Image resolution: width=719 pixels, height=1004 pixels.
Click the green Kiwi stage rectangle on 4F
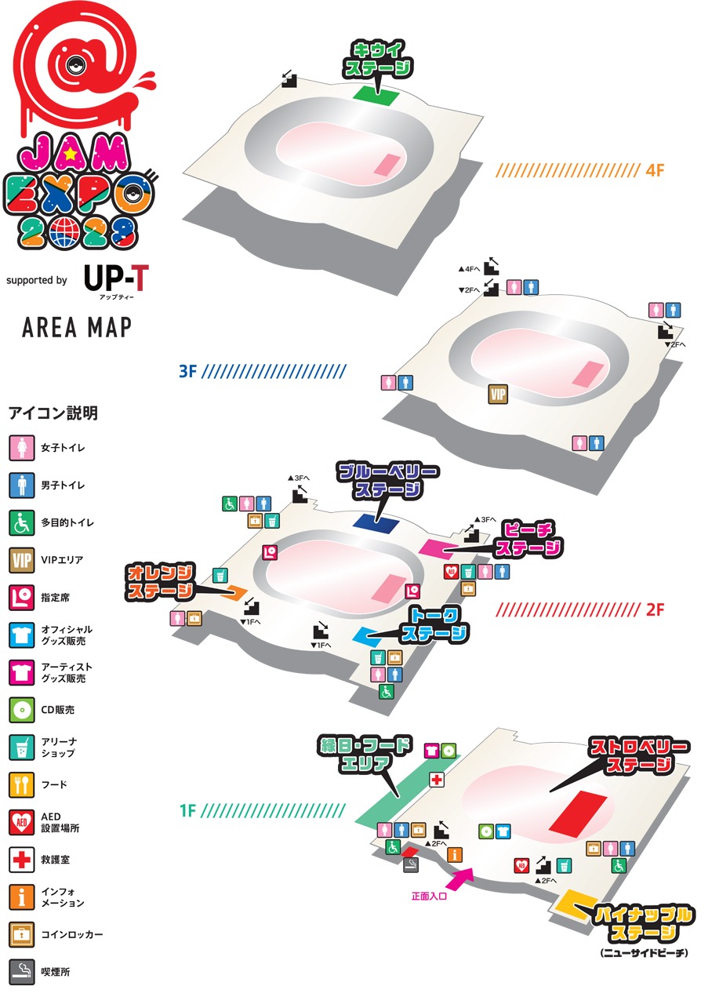click(x=376, y=94)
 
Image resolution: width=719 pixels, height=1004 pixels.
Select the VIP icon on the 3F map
click(x=499, y=394)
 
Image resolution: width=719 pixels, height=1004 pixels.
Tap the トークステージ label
click(x=434, y=624)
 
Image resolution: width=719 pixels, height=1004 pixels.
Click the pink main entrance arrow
click(x=461, y=877)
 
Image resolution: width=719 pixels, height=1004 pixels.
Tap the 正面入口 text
click(x=429, y=895)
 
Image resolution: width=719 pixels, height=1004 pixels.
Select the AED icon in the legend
click(x=20, y=822)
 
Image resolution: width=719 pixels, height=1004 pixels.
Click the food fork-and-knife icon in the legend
click(x=20, y=784)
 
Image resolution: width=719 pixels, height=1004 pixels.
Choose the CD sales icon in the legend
click(x=20, y=710)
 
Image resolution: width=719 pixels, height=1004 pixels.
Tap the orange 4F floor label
click(x=656, y=169)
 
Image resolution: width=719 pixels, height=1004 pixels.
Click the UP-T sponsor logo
click(x=114, y=278)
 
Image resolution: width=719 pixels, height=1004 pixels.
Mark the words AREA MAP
click(x=77, y=328)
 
